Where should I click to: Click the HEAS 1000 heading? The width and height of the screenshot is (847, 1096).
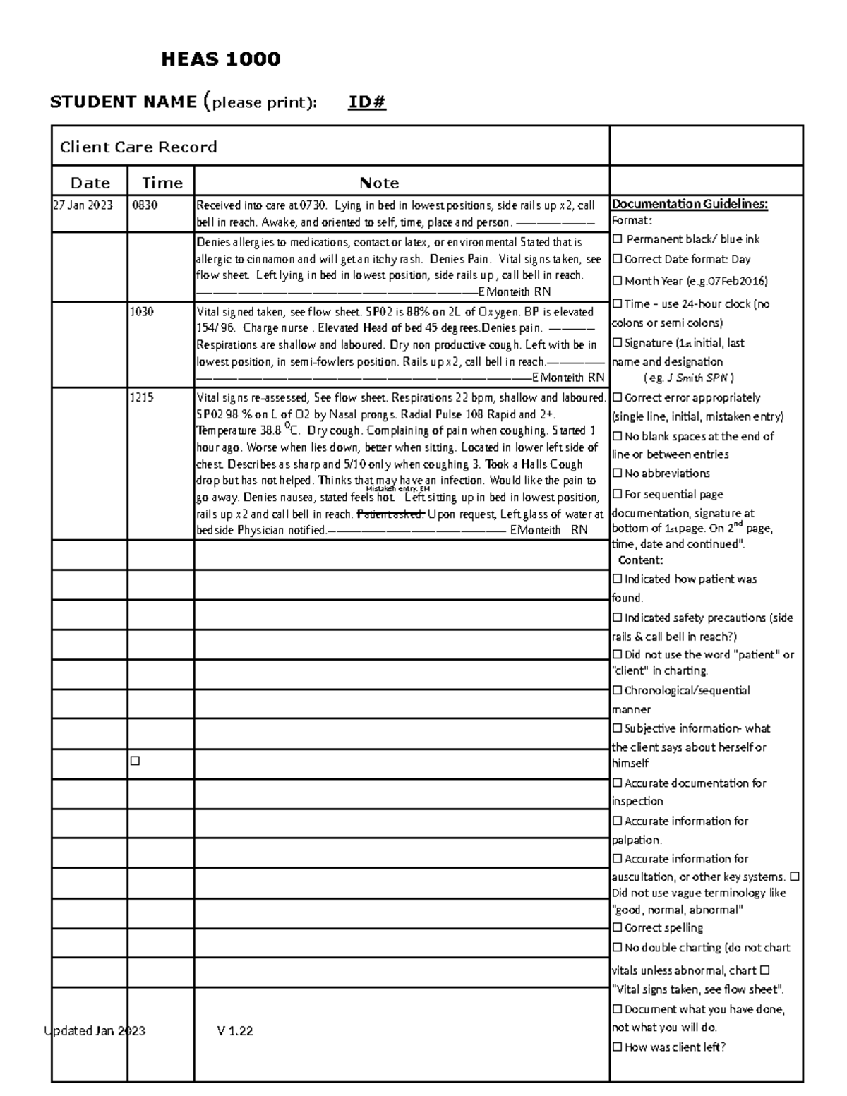coord(220,59)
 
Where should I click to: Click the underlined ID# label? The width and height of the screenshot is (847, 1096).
coord(366,103)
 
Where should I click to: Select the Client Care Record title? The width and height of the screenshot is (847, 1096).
coord(138,147)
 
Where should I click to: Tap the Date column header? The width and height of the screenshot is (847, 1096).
coord(90,183)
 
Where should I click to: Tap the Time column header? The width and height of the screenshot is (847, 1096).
coord(162,183)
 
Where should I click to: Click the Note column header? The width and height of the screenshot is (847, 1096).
coord(379,183)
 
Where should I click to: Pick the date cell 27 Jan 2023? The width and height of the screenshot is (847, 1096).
coord(83,206)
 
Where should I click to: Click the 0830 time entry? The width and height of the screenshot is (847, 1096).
coord(145,206)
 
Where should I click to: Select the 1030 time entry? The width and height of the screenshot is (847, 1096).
coord(142,312)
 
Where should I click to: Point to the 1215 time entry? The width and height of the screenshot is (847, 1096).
coord(142,397)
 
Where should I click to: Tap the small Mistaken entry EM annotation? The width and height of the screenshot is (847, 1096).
coord(397,489)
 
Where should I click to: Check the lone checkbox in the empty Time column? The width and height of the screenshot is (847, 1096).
coord(135,761)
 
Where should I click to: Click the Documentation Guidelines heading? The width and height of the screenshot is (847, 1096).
coord(690,205)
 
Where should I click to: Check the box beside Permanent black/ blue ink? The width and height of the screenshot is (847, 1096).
coord(618,239)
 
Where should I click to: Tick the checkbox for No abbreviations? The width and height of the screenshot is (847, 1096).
coord(618,473)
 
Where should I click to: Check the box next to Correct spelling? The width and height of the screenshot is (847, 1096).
coord(618,927)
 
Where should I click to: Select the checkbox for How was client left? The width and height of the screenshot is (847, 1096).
coord(618,1047)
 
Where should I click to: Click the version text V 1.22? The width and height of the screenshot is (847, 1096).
coord(235,1030)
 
